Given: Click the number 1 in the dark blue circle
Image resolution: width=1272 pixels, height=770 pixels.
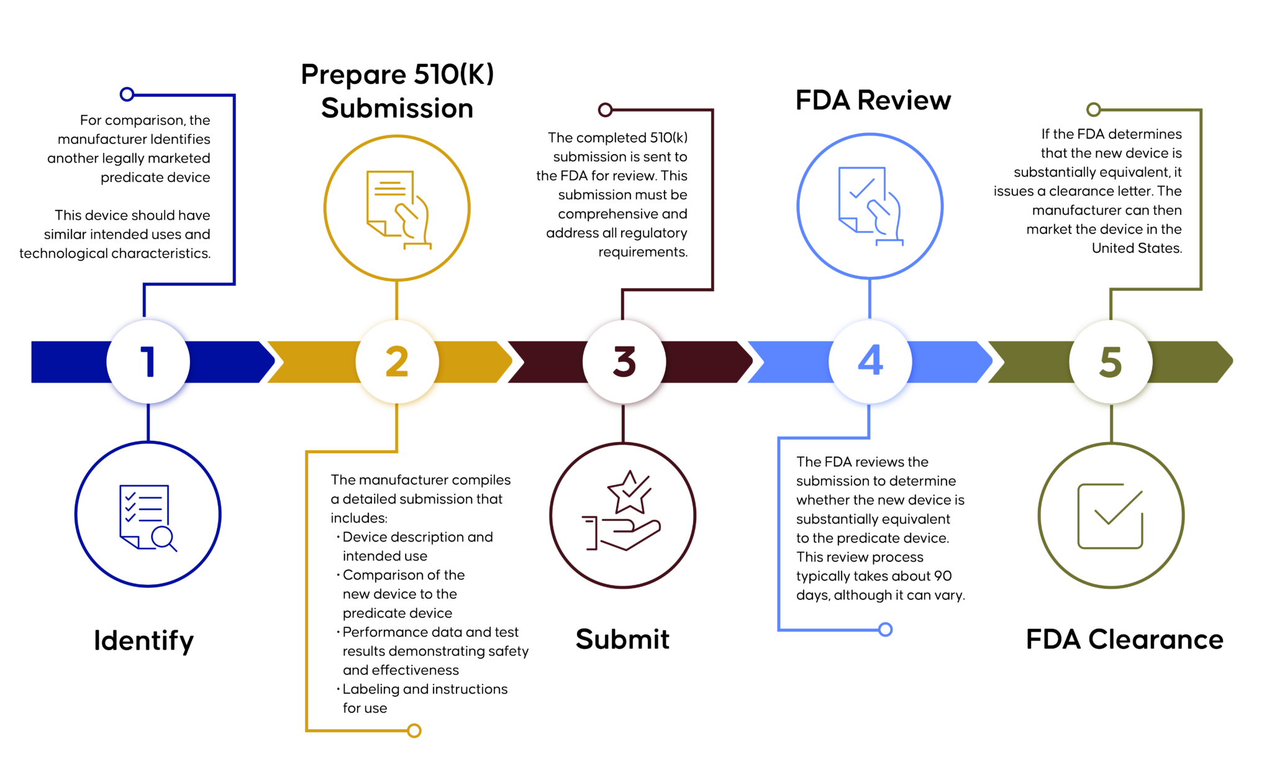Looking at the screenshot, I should pos(148,362).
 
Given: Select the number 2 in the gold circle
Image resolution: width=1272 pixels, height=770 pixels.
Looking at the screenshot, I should pos(397,362).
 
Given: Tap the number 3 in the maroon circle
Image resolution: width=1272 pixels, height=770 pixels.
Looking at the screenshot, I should pos(624,362).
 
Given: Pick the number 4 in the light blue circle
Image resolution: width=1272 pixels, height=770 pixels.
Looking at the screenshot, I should pos(870,361).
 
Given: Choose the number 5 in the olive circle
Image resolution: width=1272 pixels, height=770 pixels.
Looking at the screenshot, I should pos(1111,362).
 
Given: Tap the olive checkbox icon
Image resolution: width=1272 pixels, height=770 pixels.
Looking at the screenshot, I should pos(1111,516).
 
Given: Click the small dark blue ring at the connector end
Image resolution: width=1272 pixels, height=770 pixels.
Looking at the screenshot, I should pos(127,94).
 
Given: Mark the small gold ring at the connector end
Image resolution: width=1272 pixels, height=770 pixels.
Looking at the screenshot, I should pos(414,730).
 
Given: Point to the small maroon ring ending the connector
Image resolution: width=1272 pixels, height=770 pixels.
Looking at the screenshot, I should pos(605,110).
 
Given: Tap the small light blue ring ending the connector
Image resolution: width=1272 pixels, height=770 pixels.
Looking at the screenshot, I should pos(886,629).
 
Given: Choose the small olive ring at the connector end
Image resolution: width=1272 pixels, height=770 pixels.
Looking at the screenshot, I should pos(1093,110).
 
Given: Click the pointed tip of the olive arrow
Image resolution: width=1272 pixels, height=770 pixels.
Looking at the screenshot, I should pos(1231,361).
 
